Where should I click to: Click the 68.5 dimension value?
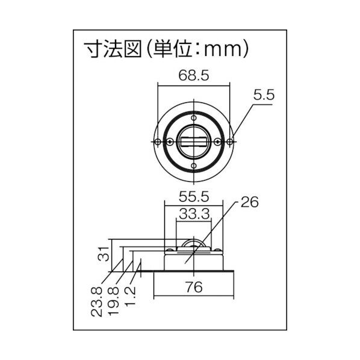(x=193, y=75)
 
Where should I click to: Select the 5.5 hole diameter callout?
(x=264, y=95)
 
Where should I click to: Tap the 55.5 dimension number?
(x=193, y=196)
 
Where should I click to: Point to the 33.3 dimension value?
(x=193, y=213)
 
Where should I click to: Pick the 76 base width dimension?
(x=193, y=287)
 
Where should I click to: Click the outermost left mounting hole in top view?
(x=157, y=142)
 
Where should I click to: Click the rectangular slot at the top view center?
(x=193, y=142)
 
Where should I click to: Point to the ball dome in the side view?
(x=193, y=242)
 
